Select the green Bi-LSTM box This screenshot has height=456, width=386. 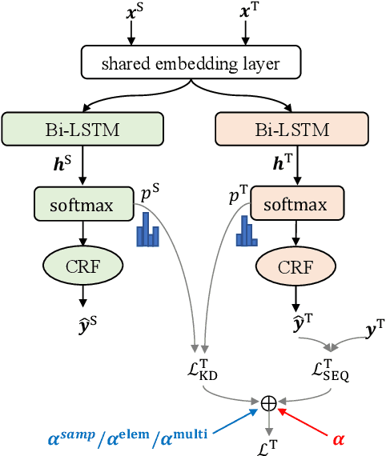tap(83, 129)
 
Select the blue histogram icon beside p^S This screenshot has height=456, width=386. tap(147, 231)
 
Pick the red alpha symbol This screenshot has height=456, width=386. tap(340, 439)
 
